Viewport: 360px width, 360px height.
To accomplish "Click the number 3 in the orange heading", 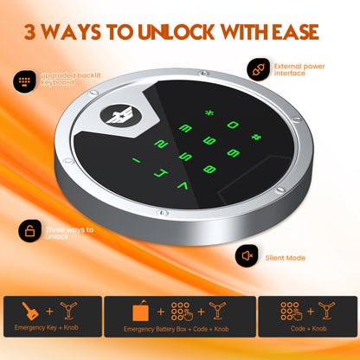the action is pos(30,32).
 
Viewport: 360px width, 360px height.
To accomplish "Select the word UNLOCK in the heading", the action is pos(177,32).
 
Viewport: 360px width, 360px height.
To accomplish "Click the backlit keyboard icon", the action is pos(24,81).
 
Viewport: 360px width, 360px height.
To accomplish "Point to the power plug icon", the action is pos(258,69).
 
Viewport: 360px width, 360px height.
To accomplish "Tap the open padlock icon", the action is pos(29,231).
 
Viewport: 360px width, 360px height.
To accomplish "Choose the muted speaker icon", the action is pos(247,255).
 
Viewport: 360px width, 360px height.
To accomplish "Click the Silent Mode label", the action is pos(286,258).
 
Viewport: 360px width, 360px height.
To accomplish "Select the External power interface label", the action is pos(299,70).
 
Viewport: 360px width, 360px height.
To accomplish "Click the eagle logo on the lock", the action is pos(120,116).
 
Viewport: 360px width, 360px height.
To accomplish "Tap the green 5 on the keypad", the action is pos(185,157).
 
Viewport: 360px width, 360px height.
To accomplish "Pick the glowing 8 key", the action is pos(209,169).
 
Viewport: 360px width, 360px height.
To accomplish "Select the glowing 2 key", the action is pos(161,144).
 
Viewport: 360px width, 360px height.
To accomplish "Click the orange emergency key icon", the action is pos(30,311).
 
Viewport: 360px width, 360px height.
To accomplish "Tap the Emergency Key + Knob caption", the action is pos(47,328).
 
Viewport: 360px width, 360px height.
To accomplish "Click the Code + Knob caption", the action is pos(308,328).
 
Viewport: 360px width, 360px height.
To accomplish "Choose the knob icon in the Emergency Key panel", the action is pos(68,311).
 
